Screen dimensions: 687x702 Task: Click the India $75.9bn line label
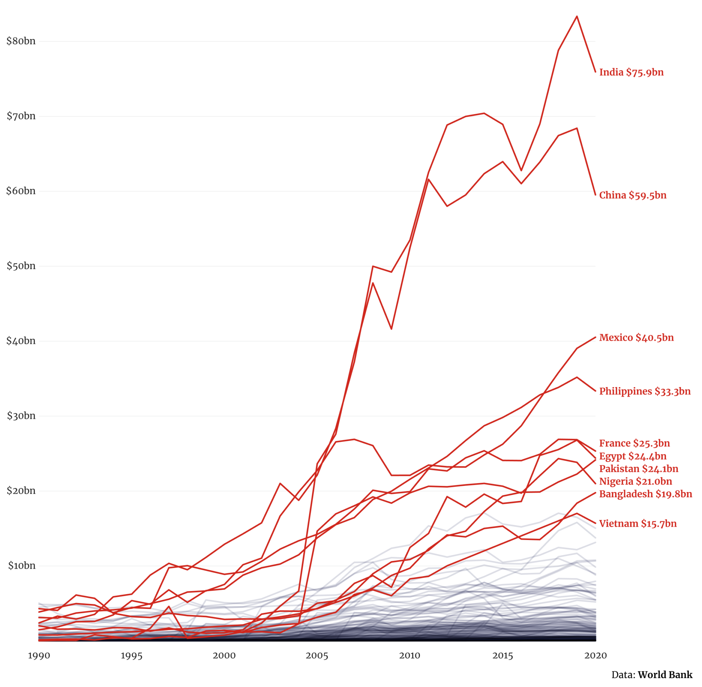[x=631, y=73]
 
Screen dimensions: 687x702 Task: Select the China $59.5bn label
[x=633, y=196]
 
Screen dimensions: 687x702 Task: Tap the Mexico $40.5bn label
[x=636, y=338]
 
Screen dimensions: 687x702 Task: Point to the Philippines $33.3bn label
[x=645, y=392]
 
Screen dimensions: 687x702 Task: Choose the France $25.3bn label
[x=634, y=443]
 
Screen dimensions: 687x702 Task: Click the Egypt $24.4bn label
[x=633, y=456]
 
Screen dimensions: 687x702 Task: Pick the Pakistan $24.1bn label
[x=639, y=469]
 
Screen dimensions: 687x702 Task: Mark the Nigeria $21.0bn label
[x=636, y=482]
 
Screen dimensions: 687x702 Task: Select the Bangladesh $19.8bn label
[x=645, y=494]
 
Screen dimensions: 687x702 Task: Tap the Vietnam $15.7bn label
[x=638, y=524]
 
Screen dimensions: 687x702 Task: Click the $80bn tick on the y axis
[x=21, y=41]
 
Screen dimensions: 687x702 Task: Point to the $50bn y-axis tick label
[x=21, y=266]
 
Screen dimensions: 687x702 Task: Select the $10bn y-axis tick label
[x=21, y=565]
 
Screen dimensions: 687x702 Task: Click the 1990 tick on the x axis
[x=39, y=655]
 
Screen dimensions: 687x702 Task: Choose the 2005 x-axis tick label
[x=317, y=655]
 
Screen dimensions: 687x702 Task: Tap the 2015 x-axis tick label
[x=503, y=655]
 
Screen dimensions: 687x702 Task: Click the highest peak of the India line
[x=577, y=16]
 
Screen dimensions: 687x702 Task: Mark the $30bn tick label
[x=21, y=416]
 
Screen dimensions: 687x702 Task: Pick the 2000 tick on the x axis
[x=224, y=655]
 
